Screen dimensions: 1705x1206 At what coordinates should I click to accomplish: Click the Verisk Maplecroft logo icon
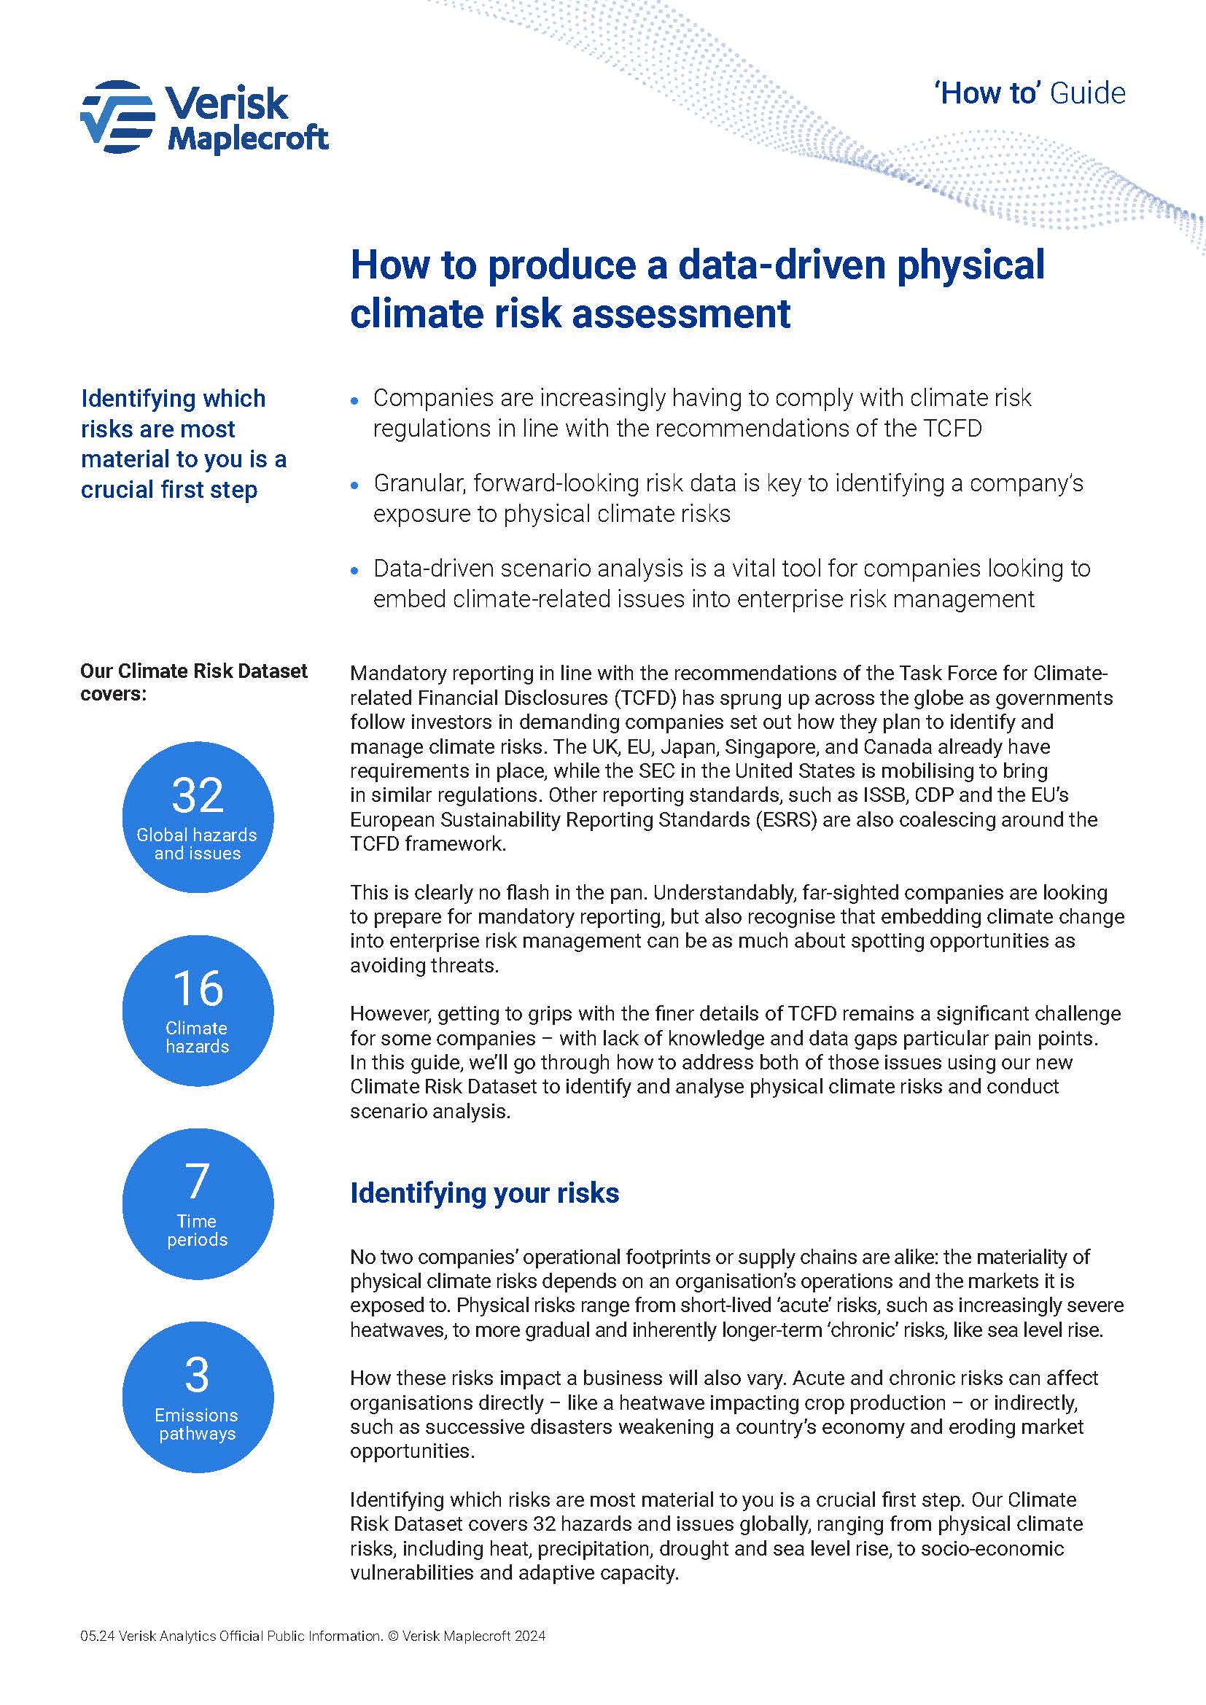click(x=117, y=117)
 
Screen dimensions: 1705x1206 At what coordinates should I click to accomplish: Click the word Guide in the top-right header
click(x=1088, y=93)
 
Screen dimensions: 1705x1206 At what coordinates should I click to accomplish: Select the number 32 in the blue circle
click(x=198, y=795)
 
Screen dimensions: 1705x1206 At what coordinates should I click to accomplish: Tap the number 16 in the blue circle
click(x=198, y=988)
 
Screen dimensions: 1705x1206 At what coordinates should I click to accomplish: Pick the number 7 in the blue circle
click(x=197, y=1181)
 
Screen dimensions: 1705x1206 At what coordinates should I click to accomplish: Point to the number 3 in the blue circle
click(x=197, y=1375)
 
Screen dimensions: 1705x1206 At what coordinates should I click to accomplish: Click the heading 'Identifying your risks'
click(x=484, y=1193)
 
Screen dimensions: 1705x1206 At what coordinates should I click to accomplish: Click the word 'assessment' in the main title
click(x=681, y=313)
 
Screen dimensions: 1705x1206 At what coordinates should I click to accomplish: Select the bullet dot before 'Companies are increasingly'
click(x=355, y=400)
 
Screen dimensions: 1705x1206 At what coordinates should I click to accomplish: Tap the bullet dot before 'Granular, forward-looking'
click(x=355, y=485)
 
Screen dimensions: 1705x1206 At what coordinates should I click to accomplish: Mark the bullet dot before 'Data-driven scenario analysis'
click(x=355, y=571)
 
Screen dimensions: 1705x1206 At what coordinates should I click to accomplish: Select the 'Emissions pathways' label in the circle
click(x=197, y=1424)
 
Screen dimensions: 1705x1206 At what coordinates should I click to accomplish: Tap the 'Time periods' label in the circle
click(x=197, y=1230)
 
